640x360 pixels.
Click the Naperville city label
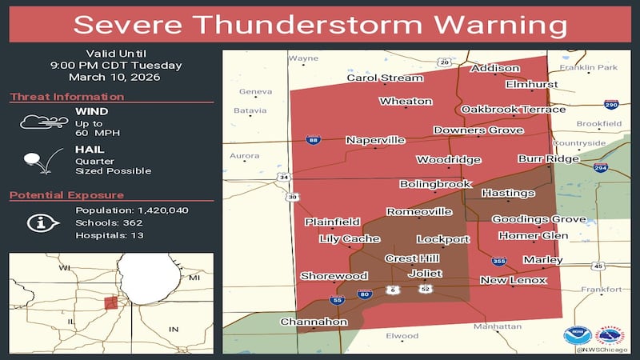point(375,140)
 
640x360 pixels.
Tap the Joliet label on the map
point(425,273)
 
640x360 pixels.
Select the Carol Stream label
point(384,78)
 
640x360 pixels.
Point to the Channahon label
point(314,322)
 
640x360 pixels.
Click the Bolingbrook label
point(435,184)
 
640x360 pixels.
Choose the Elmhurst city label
point(531,84)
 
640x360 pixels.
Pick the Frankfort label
point(601,290)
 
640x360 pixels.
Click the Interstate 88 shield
point(312,140)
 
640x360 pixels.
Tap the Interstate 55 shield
point(336,301)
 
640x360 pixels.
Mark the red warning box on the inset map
point(111,302)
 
